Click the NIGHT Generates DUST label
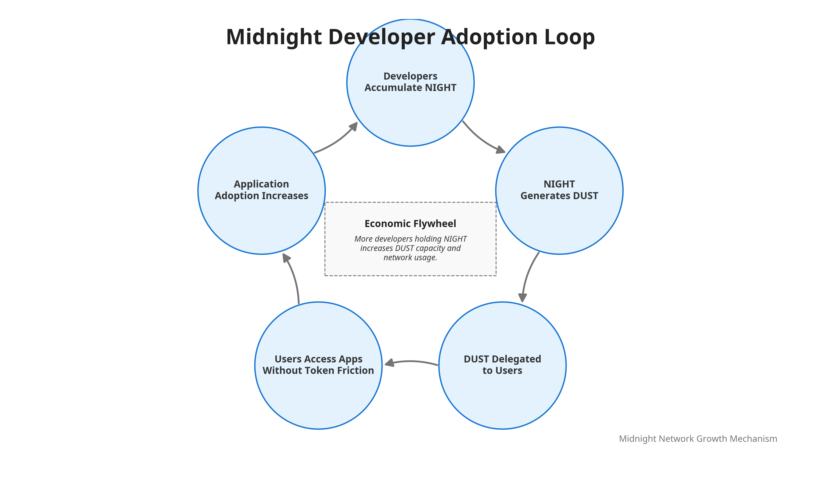[x=559, y=190]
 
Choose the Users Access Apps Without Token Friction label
[x=318, y=364]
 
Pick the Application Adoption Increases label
[x=261, y=190]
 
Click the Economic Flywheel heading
[x=410, y=223]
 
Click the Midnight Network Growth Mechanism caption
[x=698, y=439]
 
